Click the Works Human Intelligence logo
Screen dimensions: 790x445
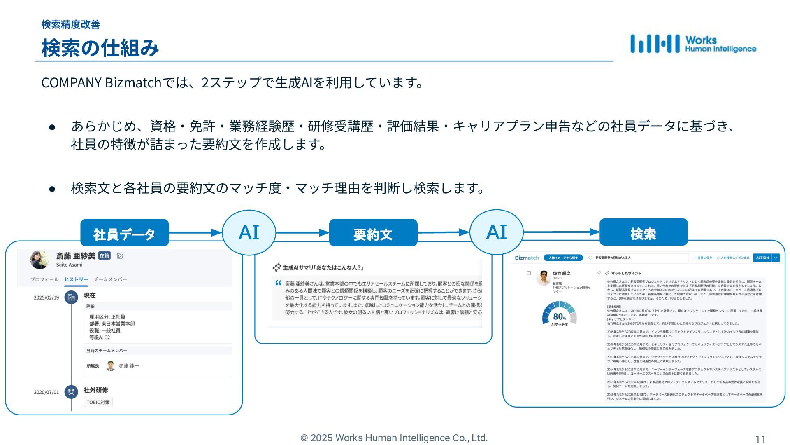(x=693, y=44)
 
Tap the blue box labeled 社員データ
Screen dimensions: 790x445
(x=124, y=233)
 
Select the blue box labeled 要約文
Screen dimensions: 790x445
(x=373, y=233)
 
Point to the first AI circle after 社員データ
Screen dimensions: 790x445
(x=249, y=232)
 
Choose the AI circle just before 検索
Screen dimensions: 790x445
(x=496, y=232)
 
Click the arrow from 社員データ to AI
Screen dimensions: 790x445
(x=195, y=233)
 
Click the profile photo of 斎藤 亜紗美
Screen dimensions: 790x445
(x=40, y=259)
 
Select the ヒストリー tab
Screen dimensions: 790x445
(x=76, y=279)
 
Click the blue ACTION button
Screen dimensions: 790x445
(x=762, y=258)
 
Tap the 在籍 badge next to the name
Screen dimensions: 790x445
(x=105, y=256)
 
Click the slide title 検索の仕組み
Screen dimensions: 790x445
(x=100, y=48)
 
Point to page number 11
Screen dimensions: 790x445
(x=760, y=439)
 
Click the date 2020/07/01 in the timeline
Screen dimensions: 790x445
(x=46, y=393)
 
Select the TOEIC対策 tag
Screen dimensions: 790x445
(x=98, y=402)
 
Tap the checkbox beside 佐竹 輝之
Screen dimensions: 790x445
(x=529, y=273)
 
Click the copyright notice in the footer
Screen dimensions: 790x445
(x=394, y=438)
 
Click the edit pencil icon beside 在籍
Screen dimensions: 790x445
(x=120, y=256)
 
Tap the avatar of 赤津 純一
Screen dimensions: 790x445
(x=110, y=366)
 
